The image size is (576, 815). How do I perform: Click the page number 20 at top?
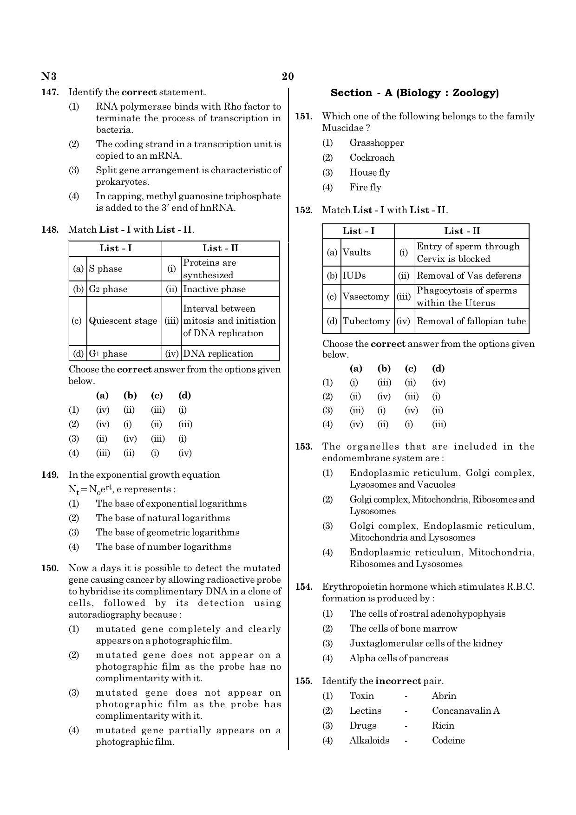click(x=288, y=77)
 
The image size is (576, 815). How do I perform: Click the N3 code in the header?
click(x=49, y=77)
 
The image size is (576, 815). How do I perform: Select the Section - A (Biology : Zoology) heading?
click(x=414, y=93)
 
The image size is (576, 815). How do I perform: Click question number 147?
click(x=50, y=92)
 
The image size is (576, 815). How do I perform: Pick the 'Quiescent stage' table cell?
click(x=123, y=321)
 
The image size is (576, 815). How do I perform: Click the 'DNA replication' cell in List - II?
click(x=218, y=354)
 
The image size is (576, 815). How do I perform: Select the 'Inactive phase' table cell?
click(x=214, y=289)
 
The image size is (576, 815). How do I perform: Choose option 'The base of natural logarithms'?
click(x=163, y=518)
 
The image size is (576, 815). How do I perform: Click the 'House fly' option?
click(x=370, y=173)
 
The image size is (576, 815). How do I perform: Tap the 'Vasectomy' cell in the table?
click(x=366, y=297)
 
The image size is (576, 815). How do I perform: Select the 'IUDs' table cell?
click(x=354, y=276)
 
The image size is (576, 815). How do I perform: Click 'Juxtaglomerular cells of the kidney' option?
click(x=425, y=644)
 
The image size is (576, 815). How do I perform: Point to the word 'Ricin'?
click(x=443, y=726)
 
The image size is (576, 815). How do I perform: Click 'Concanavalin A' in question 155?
click(x=465, y=711)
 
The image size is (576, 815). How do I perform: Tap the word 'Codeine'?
click(x=448, y=741)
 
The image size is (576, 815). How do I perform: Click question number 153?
click(x=304, y=447)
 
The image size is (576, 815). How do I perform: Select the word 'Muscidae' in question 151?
click(x=339, y=128)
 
